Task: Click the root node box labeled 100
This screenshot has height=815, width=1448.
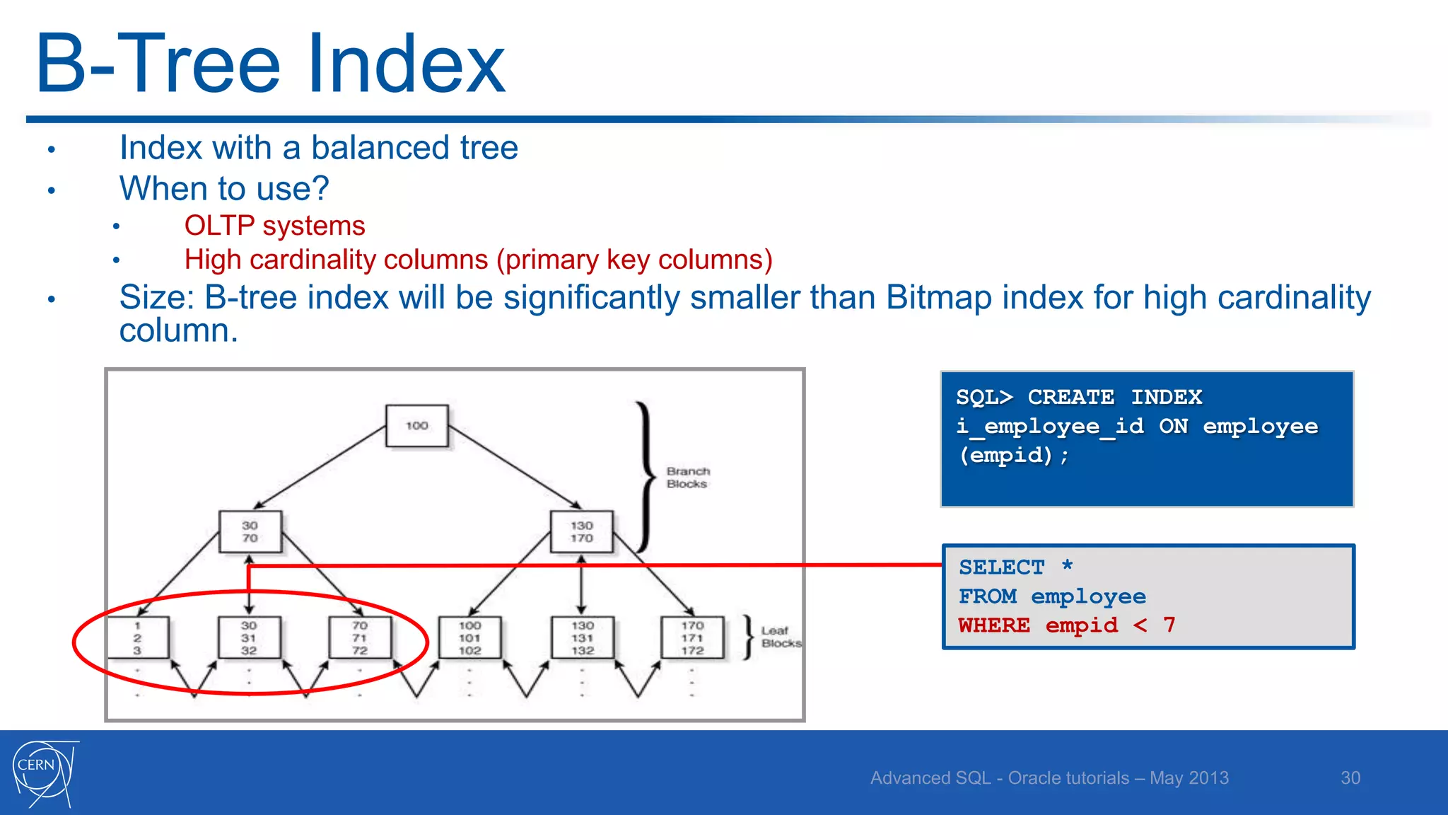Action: [416, 425]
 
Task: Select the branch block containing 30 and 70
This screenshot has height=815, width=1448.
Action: [250, 531]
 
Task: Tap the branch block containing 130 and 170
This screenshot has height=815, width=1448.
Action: [581, 531]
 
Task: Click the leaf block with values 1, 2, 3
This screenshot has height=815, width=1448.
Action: [138, 637]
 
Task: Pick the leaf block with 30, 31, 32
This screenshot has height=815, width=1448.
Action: [249, 637]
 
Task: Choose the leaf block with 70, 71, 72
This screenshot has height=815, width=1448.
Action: [360, 637]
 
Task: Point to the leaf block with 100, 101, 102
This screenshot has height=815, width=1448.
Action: [469, 637]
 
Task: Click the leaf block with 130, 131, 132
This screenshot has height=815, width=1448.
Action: [582, 637]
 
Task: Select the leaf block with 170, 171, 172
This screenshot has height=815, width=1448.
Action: [692, 637]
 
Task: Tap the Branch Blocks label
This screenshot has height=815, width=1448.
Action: [687, 478]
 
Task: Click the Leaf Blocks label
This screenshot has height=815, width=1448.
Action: [781, 637]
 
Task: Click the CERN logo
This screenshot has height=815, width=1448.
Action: [44, 773]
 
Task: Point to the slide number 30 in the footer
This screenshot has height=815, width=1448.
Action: [1350, 778]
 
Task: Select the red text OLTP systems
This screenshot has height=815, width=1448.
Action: [274, 226]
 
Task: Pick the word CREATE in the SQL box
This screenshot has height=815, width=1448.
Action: [1070, 397]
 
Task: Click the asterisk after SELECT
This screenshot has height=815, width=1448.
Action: [1067, 566]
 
